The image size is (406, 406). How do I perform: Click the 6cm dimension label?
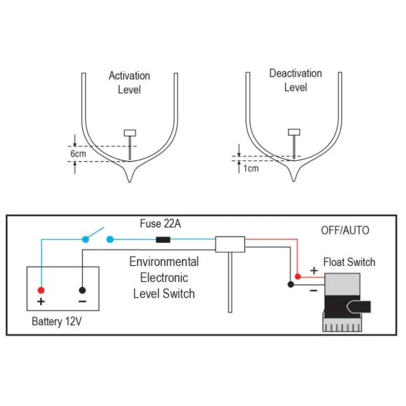78,154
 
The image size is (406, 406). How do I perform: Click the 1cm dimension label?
251,168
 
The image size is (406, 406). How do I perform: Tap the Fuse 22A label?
160,223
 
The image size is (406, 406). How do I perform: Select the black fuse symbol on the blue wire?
163,240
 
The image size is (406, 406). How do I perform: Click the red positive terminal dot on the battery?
41,290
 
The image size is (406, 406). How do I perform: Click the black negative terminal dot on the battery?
82,290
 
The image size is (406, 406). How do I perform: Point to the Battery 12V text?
57,322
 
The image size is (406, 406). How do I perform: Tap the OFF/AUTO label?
345,230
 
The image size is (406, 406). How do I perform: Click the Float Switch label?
349,262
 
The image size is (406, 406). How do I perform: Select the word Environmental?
164,262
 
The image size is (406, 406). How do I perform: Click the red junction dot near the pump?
298,277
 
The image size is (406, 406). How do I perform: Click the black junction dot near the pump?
291,284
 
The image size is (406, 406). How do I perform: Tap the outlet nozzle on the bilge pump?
359,307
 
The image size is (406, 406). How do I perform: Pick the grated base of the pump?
342,325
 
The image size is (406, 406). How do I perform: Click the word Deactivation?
296,74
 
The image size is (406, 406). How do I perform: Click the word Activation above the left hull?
129,76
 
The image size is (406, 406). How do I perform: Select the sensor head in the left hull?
130,133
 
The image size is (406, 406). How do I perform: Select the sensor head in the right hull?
294,132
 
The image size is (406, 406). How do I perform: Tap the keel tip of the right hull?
294,181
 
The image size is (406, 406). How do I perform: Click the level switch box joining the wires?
230,244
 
